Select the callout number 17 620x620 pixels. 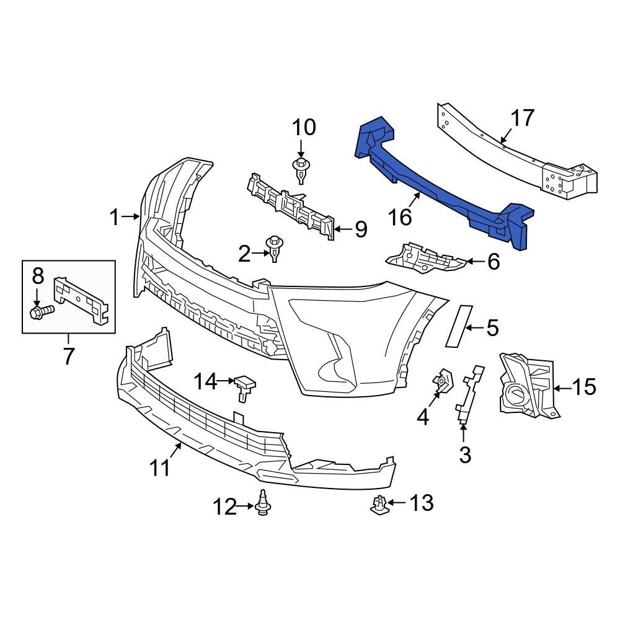tap(522, 118)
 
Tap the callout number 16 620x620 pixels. tap(400, 216)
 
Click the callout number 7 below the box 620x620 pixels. tap(68, 356)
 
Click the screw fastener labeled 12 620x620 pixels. tap(263, 503)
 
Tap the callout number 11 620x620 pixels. tap(161, 467)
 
